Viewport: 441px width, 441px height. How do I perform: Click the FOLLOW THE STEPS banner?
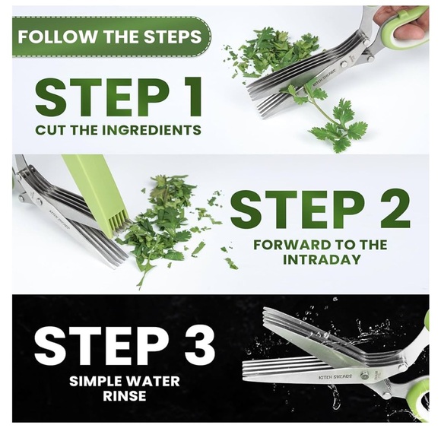point(112,36)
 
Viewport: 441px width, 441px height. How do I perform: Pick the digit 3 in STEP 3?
point(199,345)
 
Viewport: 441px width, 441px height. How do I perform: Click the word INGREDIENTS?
point(151,130)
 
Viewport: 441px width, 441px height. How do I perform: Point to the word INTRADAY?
point(322,259)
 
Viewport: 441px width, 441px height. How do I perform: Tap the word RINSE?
point(125,396)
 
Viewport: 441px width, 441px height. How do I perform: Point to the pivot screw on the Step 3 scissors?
point(365,376)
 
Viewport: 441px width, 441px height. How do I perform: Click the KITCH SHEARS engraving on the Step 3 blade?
point(335,376)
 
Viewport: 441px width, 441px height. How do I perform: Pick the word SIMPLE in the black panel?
point(97,382)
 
